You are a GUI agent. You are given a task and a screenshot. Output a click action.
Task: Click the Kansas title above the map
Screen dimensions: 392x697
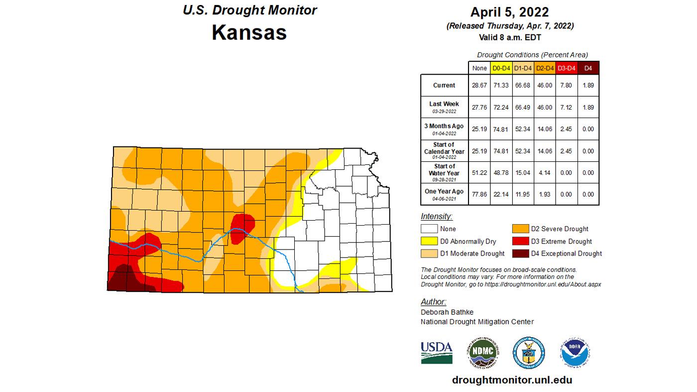click(x=249, y=32)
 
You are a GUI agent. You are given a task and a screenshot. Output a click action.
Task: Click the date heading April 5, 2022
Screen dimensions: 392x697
click(x=509, y=12)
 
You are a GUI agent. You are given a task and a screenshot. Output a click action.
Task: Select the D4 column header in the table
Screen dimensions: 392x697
click(x=588, y=68)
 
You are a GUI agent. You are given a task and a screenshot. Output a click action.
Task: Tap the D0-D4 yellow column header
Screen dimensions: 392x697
click(x=500, y=68)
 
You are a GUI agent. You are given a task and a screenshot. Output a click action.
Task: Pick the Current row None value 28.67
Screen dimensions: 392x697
click(x=479, y=85)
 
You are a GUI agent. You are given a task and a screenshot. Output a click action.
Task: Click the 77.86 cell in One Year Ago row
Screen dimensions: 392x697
click(x=479, y=194)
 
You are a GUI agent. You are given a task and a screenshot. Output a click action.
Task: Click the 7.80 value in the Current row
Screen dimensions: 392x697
click(x=566, y=85)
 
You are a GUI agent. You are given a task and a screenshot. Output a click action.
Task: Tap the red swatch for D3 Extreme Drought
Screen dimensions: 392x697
click(x=521, y=241)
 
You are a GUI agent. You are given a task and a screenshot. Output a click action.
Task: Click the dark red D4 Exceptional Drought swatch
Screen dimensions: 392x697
click(x=521, y=254)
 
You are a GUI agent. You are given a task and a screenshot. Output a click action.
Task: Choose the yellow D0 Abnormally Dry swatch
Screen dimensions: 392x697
click(x=429, y=241)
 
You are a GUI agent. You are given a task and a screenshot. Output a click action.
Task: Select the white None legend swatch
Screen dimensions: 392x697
click(x=429, y=229)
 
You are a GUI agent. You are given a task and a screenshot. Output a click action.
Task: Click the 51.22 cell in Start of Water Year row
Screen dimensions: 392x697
click(x=479, y=172)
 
